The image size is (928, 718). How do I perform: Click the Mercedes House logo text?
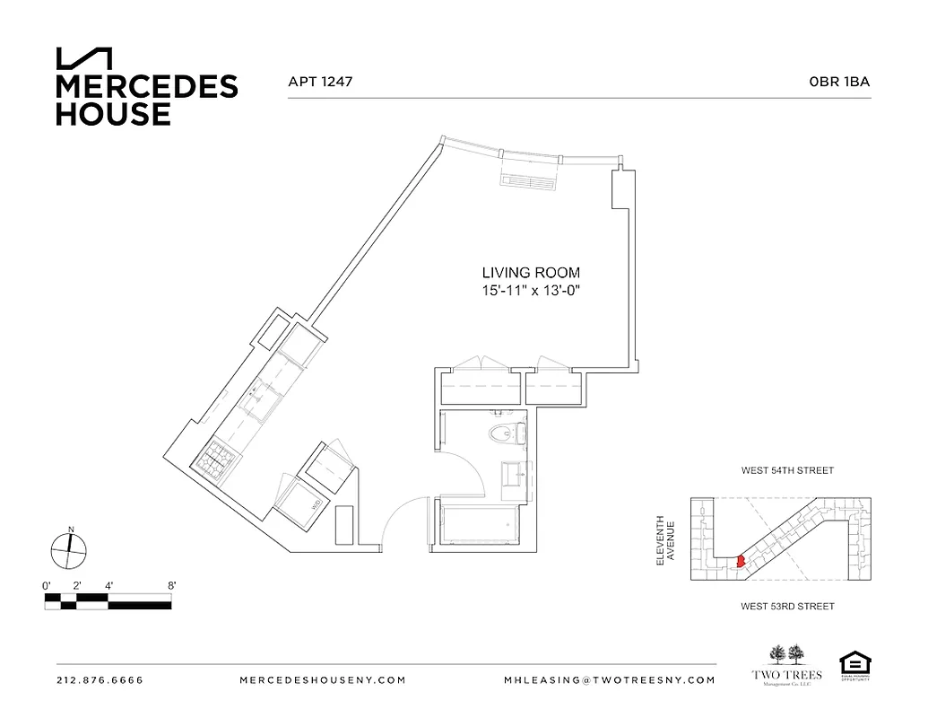[x=146, y=100]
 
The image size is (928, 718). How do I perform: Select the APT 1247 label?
[x=319, y=82]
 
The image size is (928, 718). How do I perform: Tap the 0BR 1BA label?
[x=839, y=82]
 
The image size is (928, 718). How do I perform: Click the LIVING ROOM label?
[x=531, y=273]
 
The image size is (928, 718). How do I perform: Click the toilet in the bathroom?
[x=504, y=435]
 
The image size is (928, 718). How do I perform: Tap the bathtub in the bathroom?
[x=478, y=526]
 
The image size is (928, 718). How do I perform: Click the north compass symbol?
[x=69, y=548]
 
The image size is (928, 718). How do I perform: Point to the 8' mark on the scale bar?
[x=170, y=585]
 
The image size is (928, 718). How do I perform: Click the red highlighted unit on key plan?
[x=740, y=561]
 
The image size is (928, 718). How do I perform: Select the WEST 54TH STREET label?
[x=787, y=470]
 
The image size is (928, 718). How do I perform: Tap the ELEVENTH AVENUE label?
[x=664, y=539]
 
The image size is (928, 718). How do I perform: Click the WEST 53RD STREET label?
[x=787, y=607]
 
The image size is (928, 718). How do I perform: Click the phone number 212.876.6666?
[x=100, y=680]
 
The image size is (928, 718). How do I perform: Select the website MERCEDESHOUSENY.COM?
[x=324, y=680]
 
